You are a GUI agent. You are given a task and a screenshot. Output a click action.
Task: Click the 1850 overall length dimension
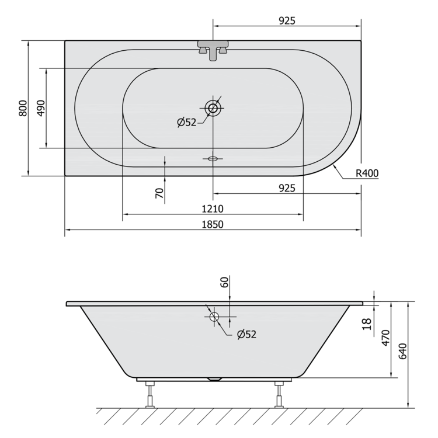[x=213, y=225]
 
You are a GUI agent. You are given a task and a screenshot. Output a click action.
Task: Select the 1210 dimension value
[x=213, y=209]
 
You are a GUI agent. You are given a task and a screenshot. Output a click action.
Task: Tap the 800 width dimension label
[x=23, y=108]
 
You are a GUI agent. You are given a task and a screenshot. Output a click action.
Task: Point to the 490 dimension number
[x=41, y=108]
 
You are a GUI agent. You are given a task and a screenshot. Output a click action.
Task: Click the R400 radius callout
[x=367, y=173]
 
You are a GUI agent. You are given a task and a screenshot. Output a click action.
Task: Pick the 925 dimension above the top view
[x=287, y=21]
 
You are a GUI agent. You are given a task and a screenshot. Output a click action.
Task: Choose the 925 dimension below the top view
[x=287, y=188]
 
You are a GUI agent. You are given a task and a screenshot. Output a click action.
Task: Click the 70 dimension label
[x=159, y=193]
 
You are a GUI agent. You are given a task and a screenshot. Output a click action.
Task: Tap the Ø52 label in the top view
[x=187, y=123]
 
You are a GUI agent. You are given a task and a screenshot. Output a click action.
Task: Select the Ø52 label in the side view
[x=246, y=335]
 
